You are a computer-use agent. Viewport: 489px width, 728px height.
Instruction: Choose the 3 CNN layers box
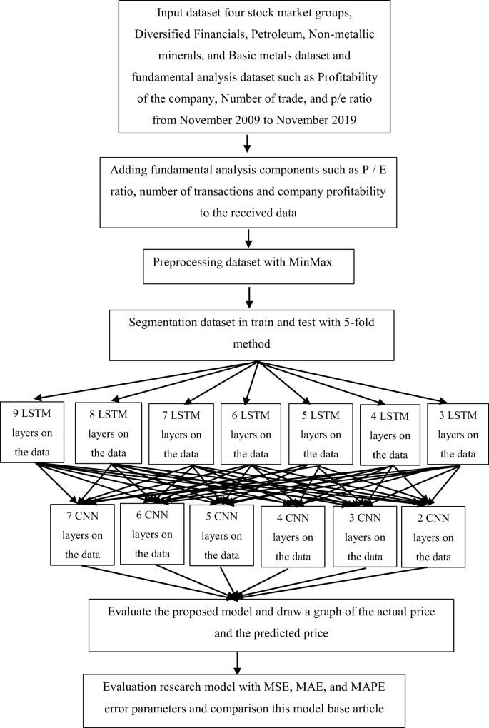click(364, 535)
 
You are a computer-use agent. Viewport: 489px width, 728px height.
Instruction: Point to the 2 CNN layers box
click(433, 535)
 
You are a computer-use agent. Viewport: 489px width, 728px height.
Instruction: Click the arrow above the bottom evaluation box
click(236, 661)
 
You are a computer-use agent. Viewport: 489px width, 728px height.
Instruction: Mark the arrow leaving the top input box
click(246, 144)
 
